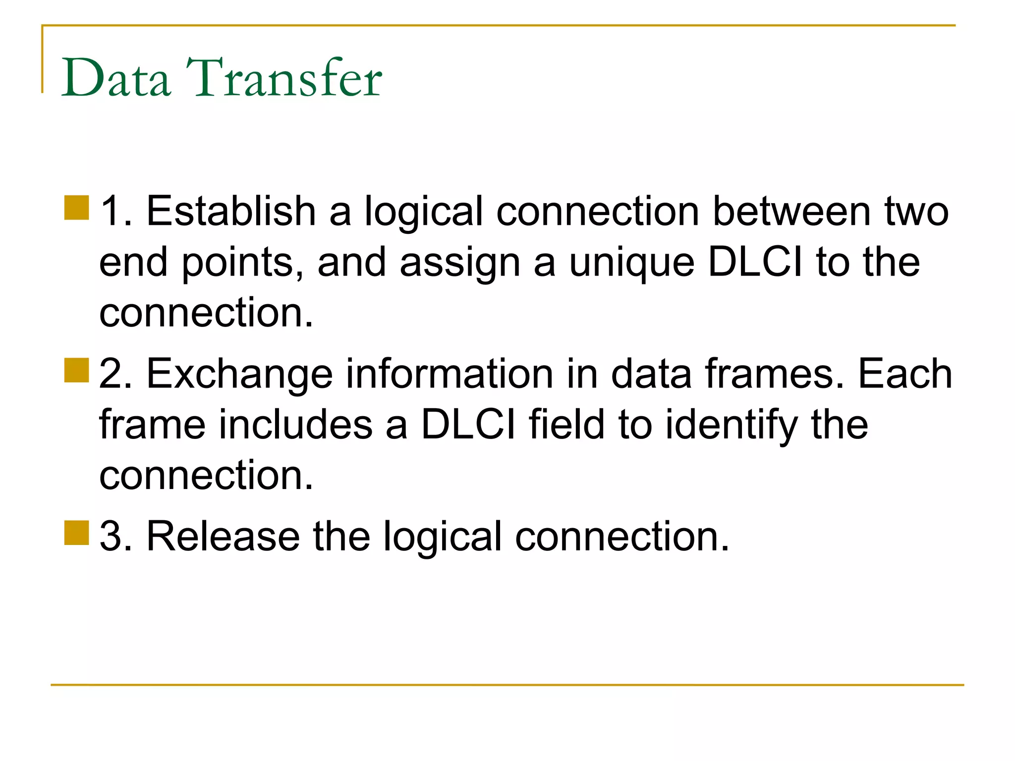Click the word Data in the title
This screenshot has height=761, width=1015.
pos(116,78)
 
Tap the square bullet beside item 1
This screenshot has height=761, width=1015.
pos(76,208)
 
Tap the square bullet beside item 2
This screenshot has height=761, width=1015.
pos(76,371)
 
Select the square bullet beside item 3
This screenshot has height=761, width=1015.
pos(76,533)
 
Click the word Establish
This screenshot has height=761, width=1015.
pos(231,211)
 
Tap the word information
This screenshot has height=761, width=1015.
pos(449,374)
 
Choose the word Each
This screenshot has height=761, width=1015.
pos(905,374)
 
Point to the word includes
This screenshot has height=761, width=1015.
pos(295,424)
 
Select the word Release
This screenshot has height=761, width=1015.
pos(223,536)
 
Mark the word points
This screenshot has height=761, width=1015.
pos(243,263)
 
